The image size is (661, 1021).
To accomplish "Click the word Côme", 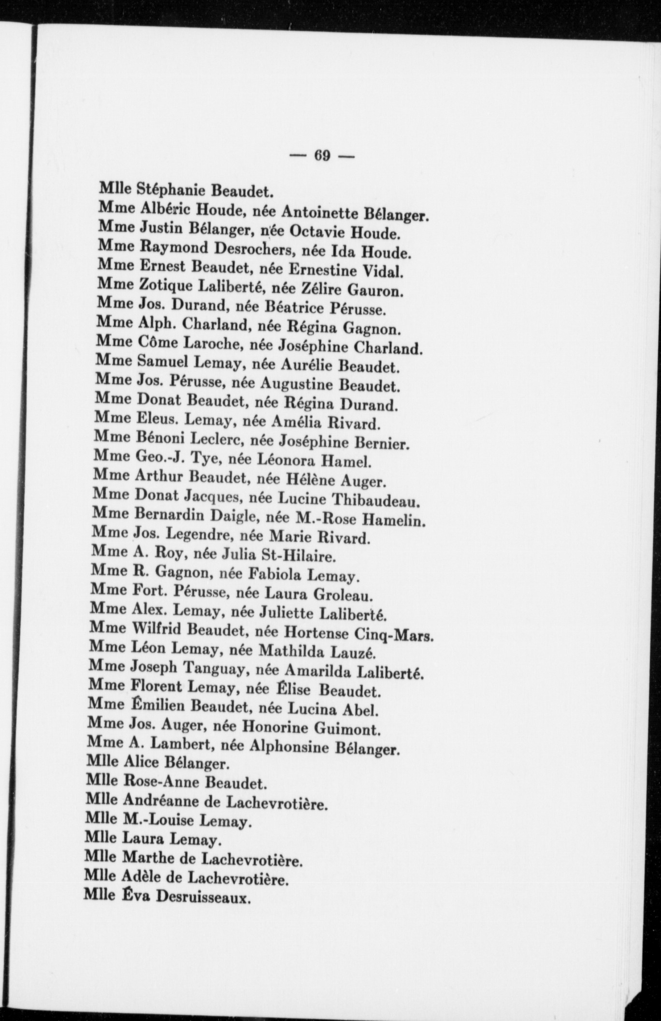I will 158,342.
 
